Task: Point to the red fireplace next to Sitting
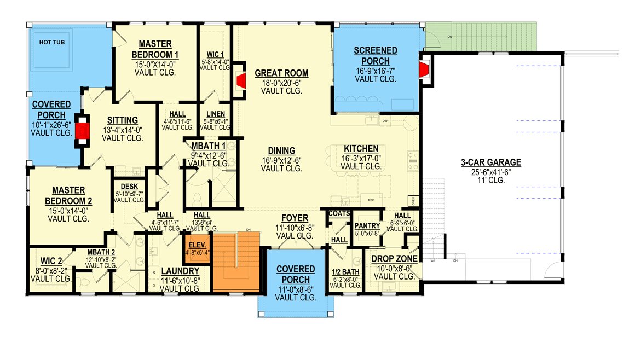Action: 82,132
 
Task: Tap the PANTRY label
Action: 367,226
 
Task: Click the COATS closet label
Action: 339,213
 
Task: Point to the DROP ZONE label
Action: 395,259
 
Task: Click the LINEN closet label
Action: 215,114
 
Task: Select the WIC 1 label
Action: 215,54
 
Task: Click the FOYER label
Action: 295,218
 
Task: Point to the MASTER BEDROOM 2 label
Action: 68,195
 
